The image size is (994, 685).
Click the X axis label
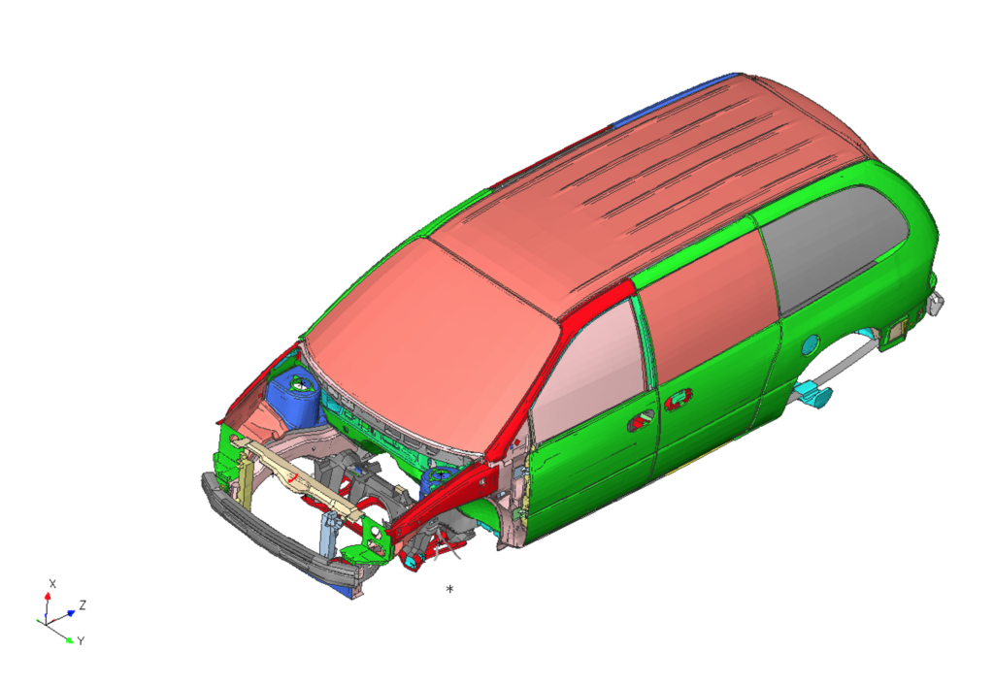[x=52, y=584]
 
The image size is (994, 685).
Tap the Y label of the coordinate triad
[x=81, y=641]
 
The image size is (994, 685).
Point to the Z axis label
[x=83, y=605]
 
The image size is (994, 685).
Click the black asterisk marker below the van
[x=450, y=589]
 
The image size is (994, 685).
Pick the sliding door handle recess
[x=678, y=398]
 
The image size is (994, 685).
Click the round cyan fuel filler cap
[x=810, y=345]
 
